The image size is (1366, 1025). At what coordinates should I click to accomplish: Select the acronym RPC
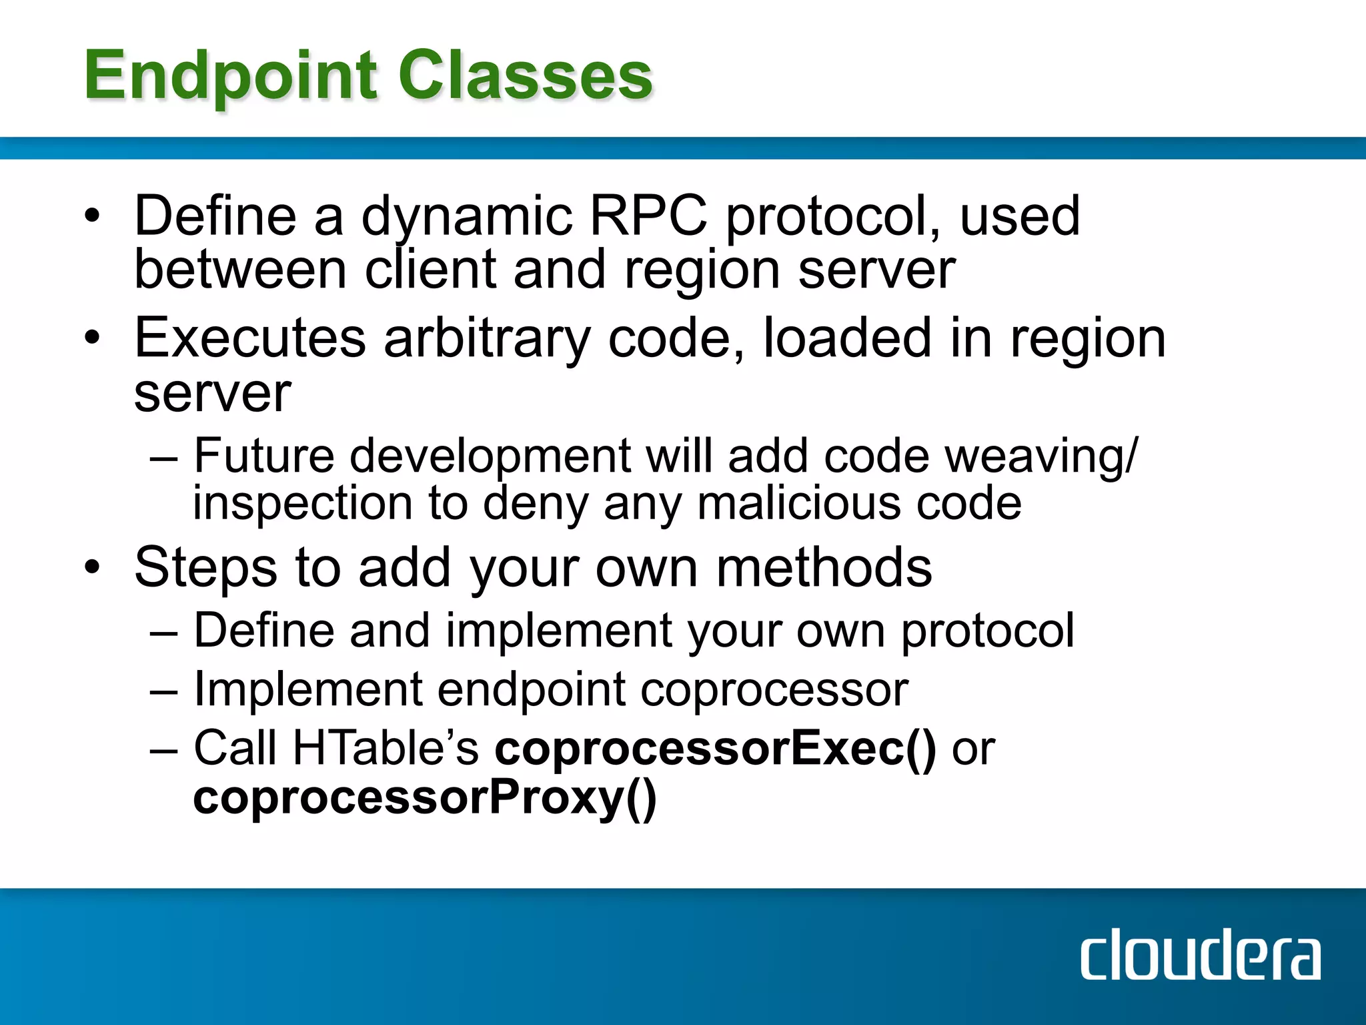point(648,216)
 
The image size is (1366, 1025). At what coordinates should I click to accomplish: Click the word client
point(430,270)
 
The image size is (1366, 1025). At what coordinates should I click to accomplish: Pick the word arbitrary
point(487,339)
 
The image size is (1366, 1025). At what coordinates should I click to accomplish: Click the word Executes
point(250,338)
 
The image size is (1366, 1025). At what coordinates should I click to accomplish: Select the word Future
point(264,456)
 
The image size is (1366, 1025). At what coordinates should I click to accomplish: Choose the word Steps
point(205,567)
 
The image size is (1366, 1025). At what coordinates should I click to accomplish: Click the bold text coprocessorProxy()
point(425,798)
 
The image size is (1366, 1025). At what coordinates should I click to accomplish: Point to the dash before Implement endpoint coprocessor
point(164,691)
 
